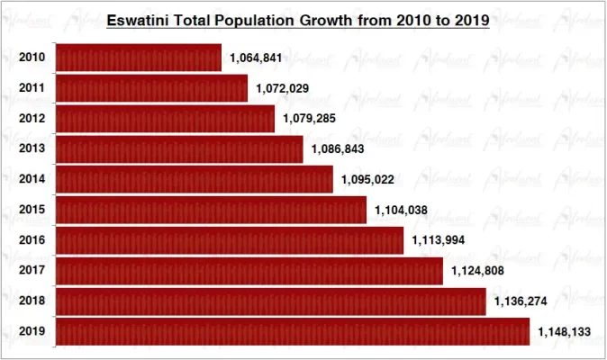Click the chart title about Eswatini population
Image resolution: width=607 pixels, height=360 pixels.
click(297, 20)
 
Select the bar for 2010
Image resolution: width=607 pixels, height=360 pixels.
click(139, 58)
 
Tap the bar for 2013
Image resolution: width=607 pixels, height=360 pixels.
click(179, 149)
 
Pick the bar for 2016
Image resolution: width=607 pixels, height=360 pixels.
click(230, 240)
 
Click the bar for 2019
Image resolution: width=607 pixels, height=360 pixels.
click(293, 331)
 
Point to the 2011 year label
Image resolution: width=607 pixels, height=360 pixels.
click(32, 88)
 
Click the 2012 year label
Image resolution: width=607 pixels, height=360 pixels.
click(32, 119)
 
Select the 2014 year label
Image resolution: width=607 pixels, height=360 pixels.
click(32, 180)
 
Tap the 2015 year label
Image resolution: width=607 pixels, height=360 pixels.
click(32, 211)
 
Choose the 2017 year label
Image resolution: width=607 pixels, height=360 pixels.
click(32, 271)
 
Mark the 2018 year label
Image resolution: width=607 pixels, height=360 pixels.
click(32, 301)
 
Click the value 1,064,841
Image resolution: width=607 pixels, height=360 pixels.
click(256, 58)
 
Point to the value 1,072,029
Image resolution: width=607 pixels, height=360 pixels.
click(282, 89)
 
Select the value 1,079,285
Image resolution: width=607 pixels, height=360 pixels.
click(309, 119)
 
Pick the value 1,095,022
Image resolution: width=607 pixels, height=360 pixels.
click(367, 180)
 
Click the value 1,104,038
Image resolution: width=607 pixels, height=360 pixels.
click(401, 211)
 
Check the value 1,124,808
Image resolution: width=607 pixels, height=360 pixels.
click(477, 271)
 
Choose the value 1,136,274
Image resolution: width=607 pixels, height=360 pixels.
click(520, 301)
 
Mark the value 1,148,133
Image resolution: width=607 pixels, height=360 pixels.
click(564, 332)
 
